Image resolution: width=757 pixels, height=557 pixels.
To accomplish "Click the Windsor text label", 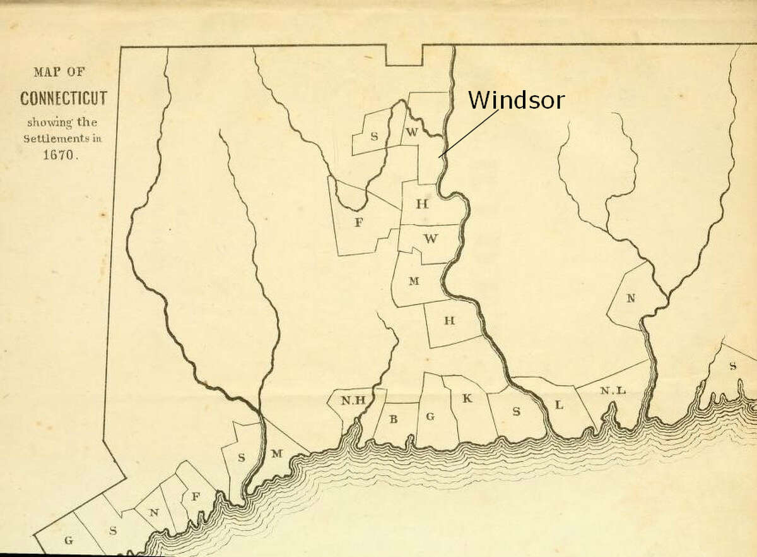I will pos(516,100).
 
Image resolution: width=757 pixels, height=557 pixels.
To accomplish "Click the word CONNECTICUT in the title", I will pos(64,99).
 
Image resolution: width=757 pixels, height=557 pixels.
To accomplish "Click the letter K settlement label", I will pos(467,398).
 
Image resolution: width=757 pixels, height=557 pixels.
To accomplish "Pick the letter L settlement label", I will pos(558,405).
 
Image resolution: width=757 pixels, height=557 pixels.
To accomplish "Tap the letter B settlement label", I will pos(393,420).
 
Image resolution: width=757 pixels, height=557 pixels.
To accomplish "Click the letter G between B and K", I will pos(430,417).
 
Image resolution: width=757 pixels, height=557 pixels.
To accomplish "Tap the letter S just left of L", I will pos(516,412).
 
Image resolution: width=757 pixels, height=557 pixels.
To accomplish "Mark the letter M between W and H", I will pos(414,282).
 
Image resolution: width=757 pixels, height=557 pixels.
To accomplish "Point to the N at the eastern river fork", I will pos(630,299).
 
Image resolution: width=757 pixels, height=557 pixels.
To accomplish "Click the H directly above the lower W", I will pos(422,204).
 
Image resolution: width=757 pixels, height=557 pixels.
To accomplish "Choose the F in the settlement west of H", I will pos(358,222).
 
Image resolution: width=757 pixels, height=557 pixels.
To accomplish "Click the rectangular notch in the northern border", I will pos(404,55).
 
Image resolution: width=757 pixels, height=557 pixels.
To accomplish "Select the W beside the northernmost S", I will pos(411,132).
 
